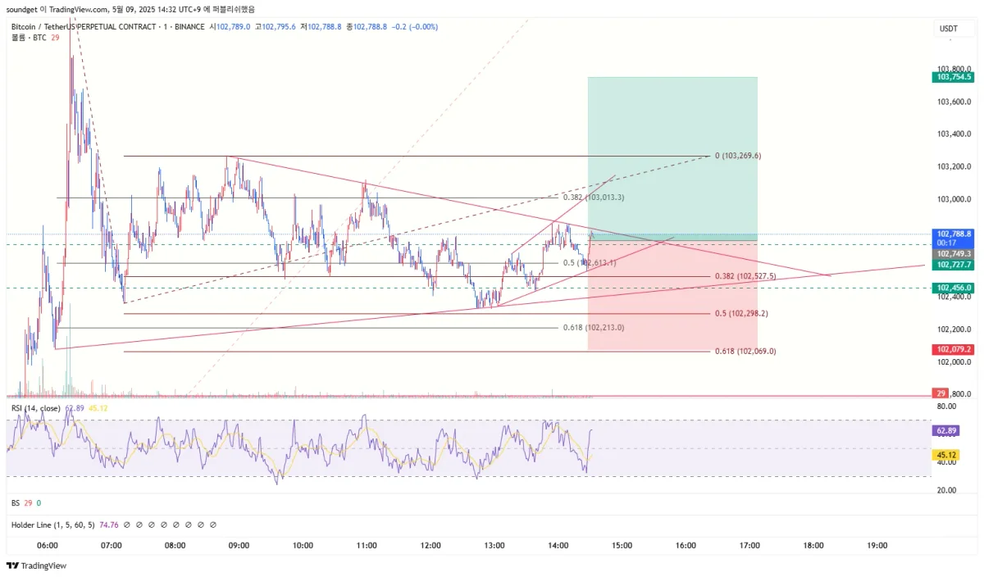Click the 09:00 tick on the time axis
pos(239,545)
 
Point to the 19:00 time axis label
pos(877,545)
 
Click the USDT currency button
pos(948,29)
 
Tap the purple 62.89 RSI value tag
pos(945,430)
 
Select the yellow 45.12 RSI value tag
pos(945,455)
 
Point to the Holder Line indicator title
pos(52,525)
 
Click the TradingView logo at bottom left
pos(37,566)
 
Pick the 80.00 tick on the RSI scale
pos(947,406)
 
